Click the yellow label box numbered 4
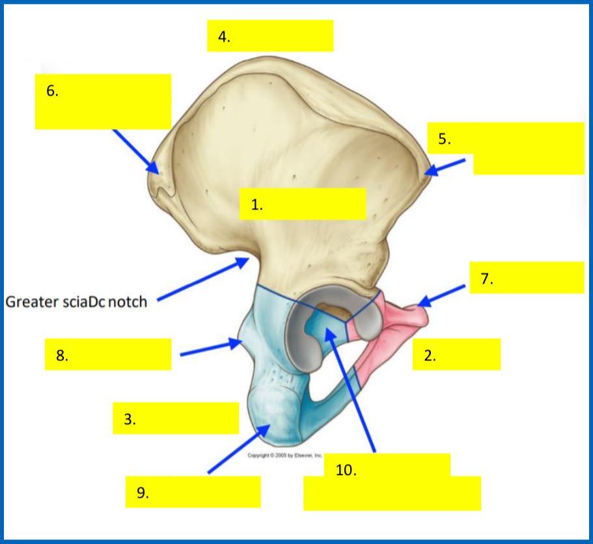pyautogui.click(x=270, y=36)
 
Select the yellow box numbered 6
pyautogui.click(x=103, y=102)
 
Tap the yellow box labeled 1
pyautogui.click(x=302, y=204)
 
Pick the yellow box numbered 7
pyautogui.click(x=527, y=278)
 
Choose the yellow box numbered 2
pyautogui.click(x=456, y=354)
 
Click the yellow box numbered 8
pyautogui.click(x=108, y=354)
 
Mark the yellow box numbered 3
pyautogui.click(x=176, y=418)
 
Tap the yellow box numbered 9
pyautogui.click(x=194, y=492)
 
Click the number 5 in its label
pyautogui.click(x=443, y=139)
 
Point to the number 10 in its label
pyautogui.click(x=346, y=470)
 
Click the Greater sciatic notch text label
pyautogui.click(x=76, y=302)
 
